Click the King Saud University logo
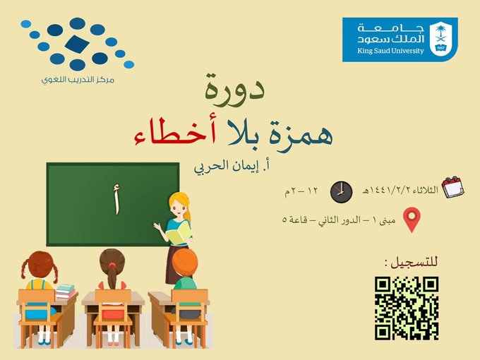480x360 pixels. pyautogui.click(x=400, y=40)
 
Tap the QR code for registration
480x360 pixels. pyautogui.click(x=407, y=308)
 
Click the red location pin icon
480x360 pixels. pyautogui.click(x=412, y=220)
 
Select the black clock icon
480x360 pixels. pyautogui.click(x=341, y=191)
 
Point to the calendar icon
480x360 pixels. pyautogui.click(x=453, y=187)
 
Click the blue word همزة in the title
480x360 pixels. pyautogui.click(x=301, y=134)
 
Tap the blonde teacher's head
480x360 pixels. pyautogui.click(x=180, y=205)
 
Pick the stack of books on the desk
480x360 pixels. pyautogui.click(x=65, y=291)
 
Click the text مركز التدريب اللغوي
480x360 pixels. pyautogui.click(x=78, y=80)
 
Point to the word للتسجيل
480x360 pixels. pyautogui.click(x=411, y=263)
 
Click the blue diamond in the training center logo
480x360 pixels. pyautogui.click(x=77, y=44)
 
